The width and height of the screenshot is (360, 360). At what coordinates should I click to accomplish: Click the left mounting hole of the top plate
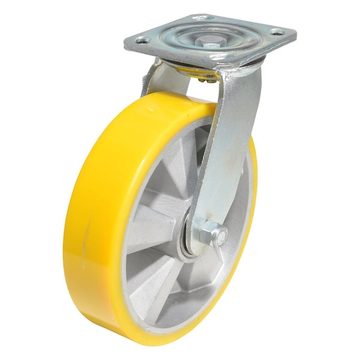tap(143, 41)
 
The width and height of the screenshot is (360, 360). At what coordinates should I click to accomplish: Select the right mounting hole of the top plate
tap(276, 32)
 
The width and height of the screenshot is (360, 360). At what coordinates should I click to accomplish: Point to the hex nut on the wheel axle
tap(209, 233)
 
